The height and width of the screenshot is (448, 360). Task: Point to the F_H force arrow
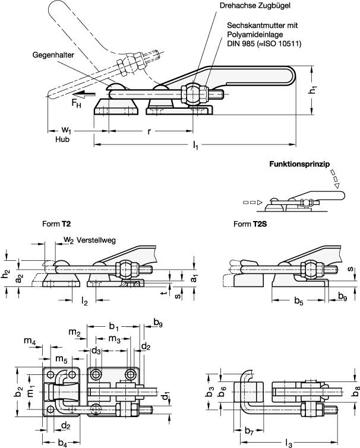click(80, 93)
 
